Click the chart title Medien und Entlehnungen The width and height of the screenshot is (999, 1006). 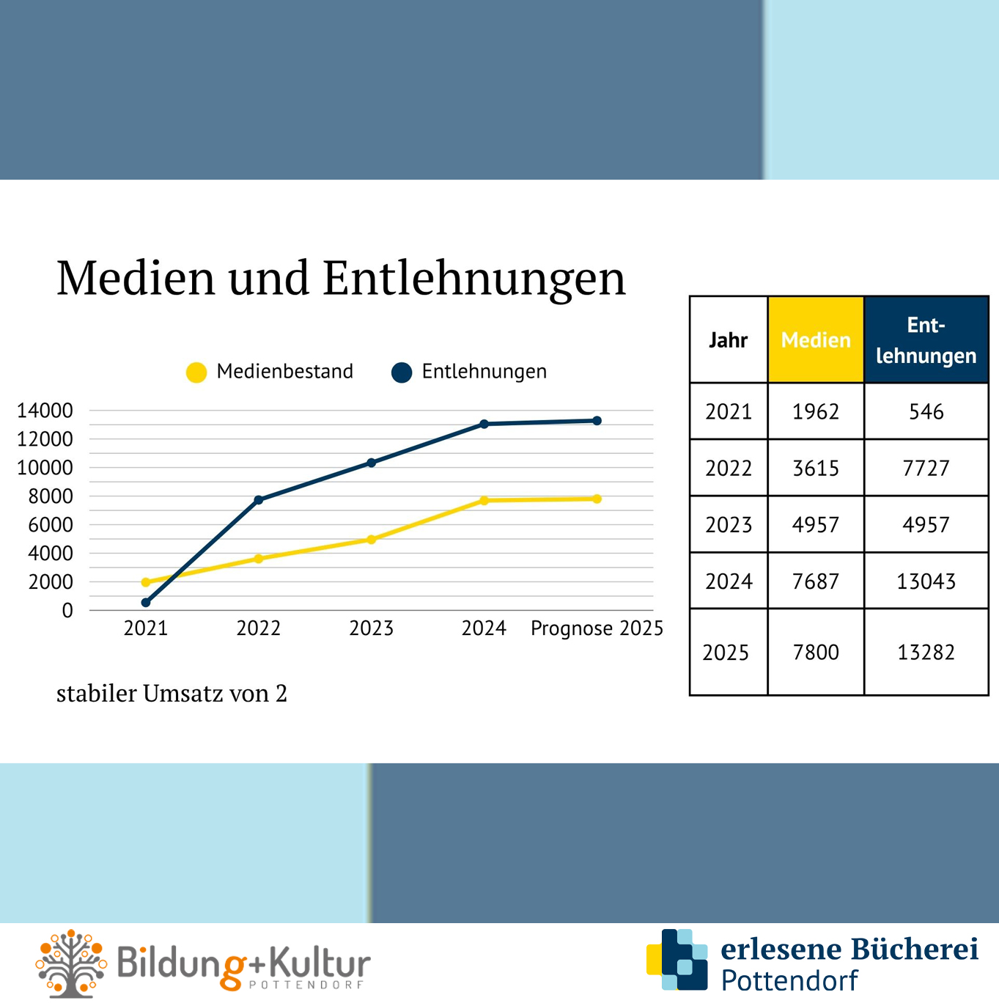[341, 278]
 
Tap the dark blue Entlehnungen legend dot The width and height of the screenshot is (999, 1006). [402, 372]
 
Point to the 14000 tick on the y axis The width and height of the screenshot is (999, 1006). [45, 411]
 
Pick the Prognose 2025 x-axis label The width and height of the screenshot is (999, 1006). [597, 628]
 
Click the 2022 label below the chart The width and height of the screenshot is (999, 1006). [258, 628]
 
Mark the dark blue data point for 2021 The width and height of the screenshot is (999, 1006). [146, 603]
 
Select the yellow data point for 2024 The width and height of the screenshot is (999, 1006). [484, 501]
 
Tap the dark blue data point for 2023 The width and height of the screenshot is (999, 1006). [371, 463]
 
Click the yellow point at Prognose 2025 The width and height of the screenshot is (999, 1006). [597, 499]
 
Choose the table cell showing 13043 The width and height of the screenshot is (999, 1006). [926, 581]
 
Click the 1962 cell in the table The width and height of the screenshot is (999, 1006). [815, 411]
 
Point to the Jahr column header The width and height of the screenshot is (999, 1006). [728, 340]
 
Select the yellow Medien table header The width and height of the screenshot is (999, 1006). [816, 340]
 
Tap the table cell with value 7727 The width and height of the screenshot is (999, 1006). [926, 468]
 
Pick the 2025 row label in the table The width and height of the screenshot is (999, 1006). [726, 653]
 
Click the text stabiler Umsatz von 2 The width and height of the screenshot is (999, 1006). [172, 694]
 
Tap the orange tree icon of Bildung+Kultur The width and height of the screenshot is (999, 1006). [71, 963]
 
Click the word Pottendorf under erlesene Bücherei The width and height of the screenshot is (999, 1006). [789, 980]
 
